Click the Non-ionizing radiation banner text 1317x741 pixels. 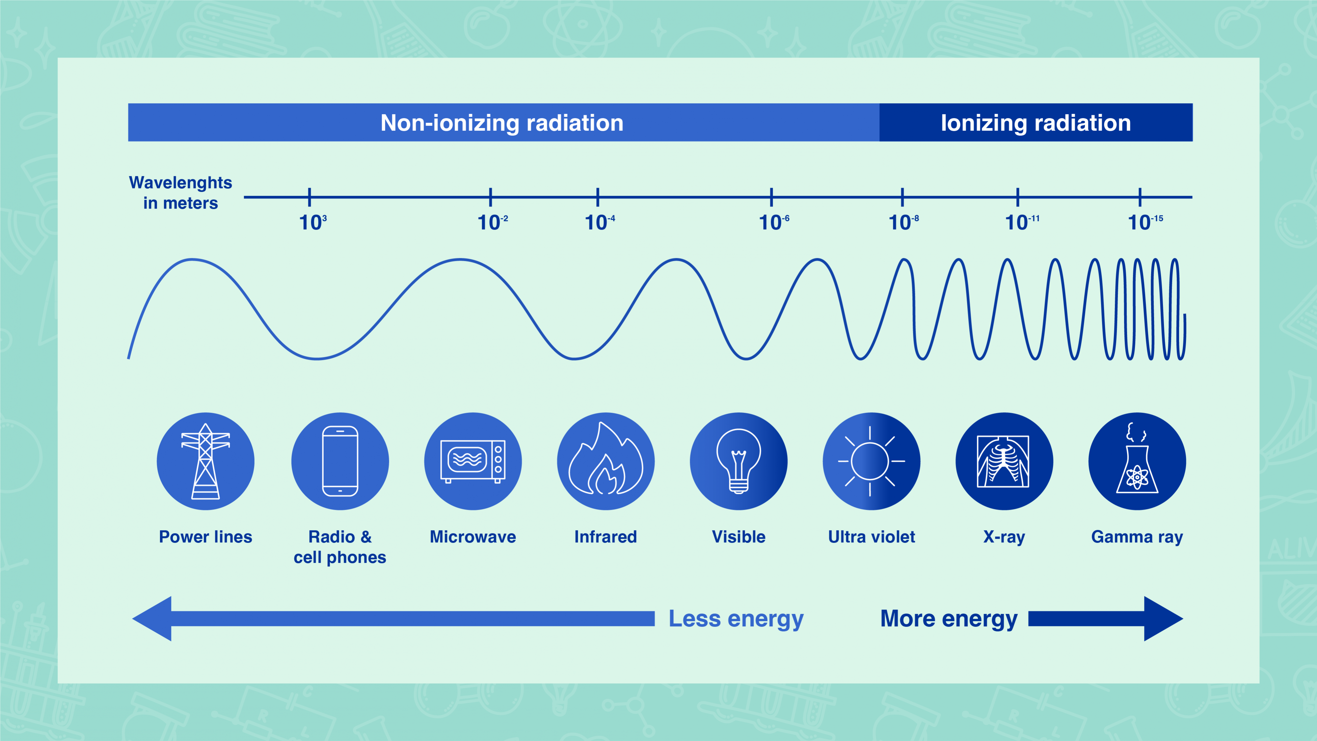click(x=501, y=123)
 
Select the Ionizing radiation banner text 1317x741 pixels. click(x=1036, y=123)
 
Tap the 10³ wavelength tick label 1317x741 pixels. click(x=313, y=222)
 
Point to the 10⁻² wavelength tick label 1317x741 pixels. click(x=492, y=222)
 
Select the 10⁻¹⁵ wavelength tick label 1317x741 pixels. click(x=1145, y=222)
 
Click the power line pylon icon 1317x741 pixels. click(x=205, y=461)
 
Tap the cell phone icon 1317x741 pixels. click(x=340, y=461)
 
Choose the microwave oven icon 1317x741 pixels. click(x=473, y=461)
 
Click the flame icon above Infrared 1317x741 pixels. click(x=606, y=459)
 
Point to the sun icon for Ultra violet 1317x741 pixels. click(x=871, y=461)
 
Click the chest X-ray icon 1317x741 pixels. click(x=1003, y=461)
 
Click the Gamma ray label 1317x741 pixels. click(x=1137, y=537)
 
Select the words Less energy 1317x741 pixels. click(x=736, y=619)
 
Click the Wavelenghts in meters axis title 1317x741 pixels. click(x=180, y=193)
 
